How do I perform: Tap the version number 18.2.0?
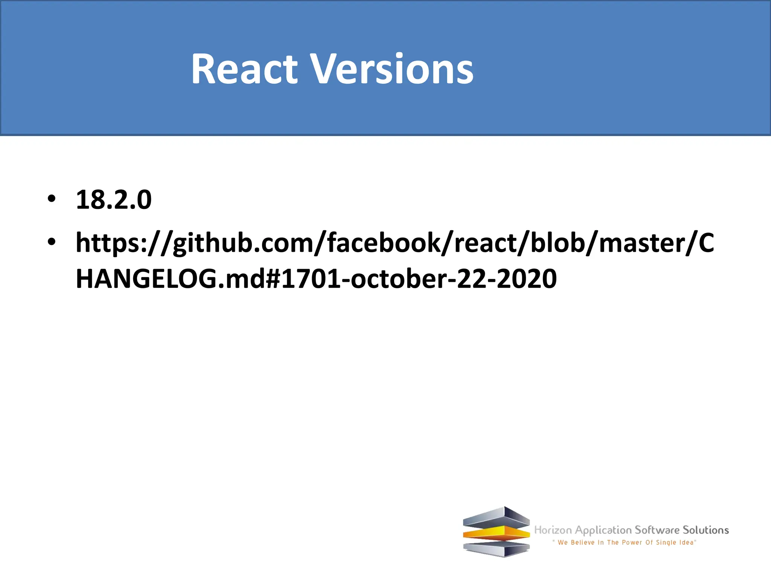pos(114,199)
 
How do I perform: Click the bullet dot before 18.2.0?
pos(52,198)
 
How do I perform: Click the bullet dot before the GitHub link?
pos(52,242)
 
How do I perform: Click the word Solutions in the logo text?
pos(706,530)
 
